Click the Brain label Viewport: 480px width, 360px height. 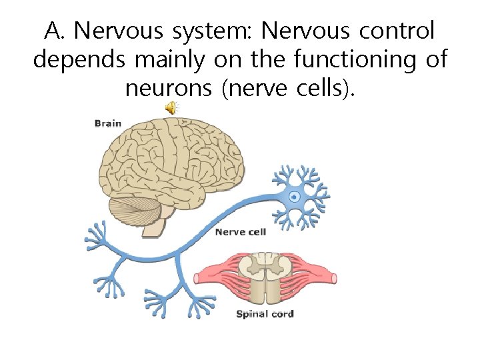[x=107, y=123]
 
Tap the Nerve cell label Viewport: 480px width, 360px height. [x=240, y=231]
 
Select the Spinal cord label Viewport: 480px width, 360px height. [x=265, y=313]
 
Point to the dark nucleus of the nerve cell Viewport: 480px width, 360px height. [x=294, y=197]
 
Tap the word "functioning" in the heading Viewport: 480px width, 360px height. [x=351, y=59]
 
